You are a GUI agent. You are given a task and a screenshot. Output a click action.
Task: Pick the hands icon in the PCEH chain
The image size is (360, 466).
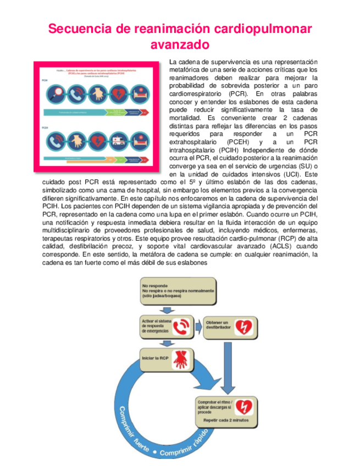coord(77,140)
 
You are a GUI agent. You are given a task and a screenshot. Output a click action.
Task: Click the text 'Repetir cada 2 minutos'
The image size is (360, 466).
coord(226,420)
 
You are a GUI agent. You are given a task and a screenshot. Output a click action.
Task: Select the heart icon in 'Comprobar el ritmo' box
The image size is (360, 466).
coord(243,407)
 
